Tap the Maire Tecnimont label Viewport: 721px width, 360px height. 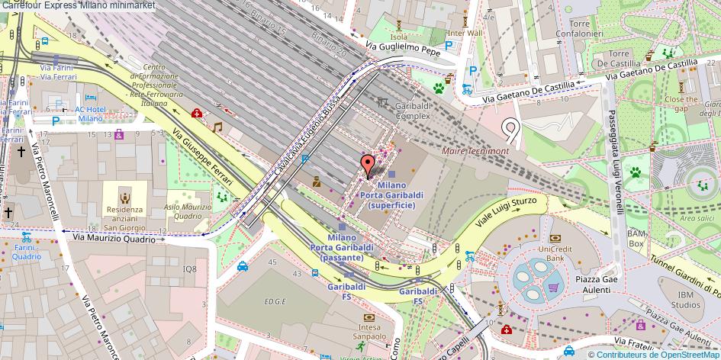point(475,151)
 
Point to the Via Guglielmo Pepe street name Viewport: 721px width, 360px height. point(403,49)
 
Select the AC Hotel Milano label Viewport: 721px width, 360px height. point(90,114)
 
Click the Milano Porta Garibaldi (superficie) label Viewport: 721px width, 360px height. point(391,194)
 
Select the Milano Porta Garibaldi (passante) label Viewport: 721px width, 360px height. point(341,252)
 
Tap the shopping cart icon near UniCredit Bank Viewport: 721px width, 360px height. point(553,288)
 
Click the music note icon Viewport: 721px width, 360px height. point(217,127)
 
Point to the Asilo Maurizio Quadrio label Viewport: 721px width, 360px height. point(187,211)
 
